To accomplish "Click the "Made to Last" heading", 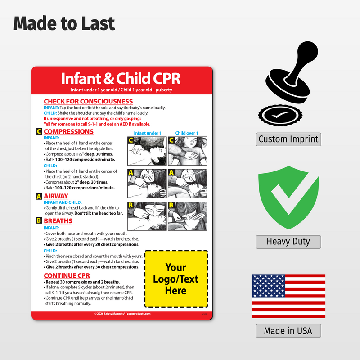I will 64,23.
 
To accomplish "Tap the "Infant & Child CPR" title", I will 121,78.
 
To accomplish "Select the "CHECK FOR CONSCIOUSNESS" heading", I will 88,101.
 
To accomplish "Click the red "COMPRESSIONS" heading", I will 68,132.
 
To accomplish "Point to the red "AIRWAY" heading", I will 56,196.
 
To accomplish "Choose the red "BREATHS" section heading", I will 58,221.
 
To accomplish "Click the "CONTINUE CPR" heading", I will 67,275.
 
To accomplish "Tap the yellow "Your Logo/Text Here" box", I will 175,279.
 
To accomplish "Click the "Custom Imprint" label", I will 288,139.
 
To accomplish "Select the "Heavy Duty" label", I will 288,242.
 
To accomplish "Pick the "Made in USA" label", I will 288,331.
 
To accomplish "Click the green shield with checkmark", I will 288,198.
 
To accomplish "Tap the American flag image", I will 288,296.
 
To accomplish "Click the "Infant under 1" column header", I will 147,133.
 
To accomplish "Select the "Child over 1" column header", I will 187,133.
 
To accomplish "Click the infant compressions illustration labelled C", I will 147,151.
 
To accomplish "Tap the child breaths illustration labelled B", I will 187,216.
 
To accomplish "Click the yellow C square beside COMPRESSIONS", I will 39,132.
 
